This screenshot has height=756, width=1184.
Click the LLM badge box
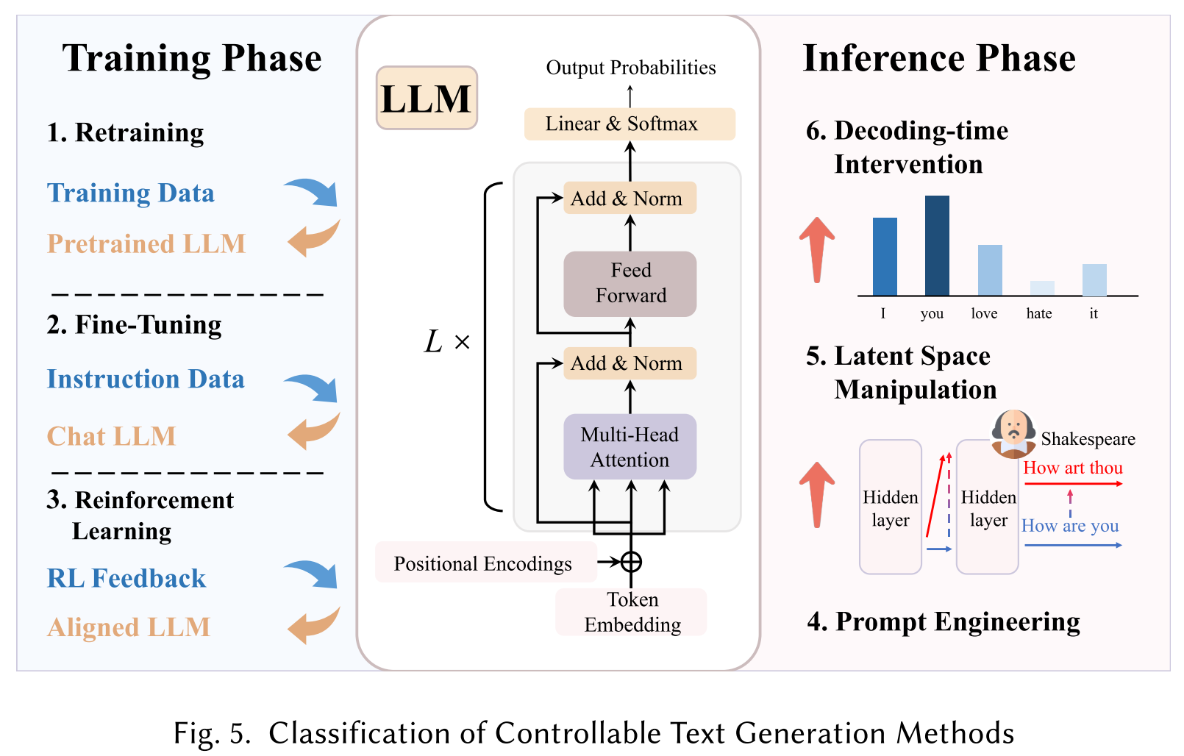tap(427, 98)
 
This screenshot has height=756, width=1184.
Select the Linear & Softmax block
tap(629, 124)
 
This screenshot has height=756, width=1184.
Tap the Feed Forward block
tap(630, 283)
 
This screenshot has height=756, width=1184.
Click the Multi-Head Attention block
tap(630, 446)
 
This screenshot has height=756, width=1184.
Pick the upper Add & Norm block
tap(629, 199)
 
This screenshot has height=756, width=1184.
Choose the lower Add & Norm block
tap(629, 363)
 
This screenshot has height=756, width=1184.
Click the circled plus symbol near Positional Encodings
tap(631, 562)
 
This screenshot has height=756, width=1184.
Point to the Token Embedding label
tap(632, 612)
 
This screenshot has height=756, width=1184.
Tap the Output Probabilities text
tap(630, 68)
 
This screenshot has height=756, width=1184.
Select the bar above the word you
tap(936, 246)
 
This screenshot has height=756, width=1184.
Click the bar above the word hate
tap(1041, 288)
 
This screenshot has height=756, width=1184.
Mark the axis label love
tap(984, 314)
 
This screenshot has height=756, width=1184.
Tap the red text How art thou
tap(1072, 468)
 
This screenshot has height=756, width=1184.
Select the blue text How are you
tap(1069, 526)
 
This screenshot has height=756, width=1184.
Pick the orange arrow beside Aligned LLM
tap(313, 625)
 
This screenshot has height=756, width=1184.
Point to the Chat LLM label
tap(112, 436)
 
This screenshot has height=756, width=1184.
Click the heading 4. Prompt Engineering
tap(943, 621)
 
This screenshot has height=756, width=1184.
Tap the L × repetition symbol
tap(446, 342)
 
